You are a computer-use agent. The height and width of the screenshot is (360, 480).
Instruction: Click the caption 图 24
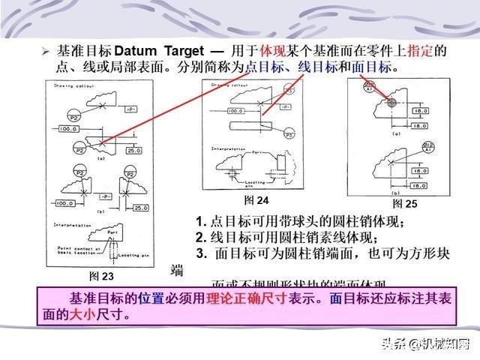tap(256, 200)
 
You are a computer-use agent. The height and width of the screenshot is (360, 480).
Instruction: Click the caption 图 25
tap(405, 203)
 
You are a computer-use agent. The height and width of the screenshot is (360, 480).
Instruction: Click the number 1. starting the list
tap(201, 222)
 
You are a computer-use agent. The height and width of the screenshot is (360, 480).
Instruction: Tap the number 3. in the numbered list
tap(201, 253)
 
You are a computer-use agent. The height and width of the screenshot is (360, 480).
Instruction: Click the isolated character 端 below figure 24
tap(177, 270)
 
